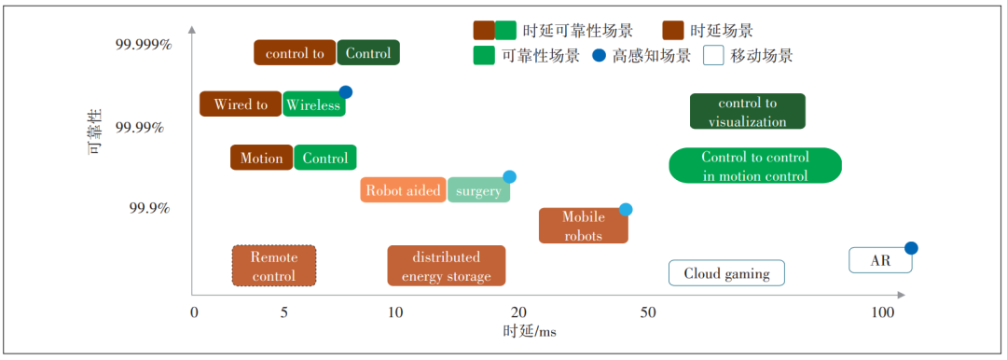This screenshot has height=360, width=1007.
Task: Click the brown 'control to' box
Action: tap(295, 53)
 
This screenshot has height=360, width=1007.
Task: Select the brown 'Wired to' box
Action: tap(241, 104)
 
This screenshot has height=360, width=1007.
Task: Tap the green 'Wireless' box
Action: tap(313, 105)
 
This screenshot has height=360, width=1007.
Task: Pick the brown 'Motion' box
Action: tap(261, 158)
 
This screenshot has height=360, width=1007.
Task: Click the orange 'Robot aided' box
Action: tap(403, 190)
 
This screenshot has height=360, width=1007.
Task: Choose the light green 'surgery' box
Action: tap(478, 190)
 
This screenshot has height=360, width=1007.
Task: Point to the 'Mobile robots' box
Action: tap(583, 226)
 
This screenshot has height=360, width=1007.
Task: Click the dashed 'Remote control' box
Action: tap(273, 266)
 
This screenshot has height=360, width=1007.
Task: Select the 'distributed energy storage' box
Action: tap(446, 266)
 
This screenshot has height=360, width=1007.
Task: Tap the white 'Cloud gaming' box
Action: tap(726, 273)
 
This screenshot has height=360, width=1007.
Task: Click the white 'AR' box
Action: tap(879, 261)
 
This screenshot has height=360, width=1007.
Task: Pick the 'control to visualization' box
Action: tap(747, 112)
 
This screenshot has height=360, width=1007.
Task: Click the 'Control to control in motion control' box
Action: tap(755, 166)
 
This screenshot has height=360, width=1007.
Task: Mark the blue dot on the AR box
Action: tap(911, 248)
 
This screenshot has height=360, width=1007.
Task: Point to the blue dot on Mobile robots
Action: tap(626, 210)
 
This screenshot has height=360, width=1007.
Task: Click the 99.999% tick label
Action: tap(144, 45)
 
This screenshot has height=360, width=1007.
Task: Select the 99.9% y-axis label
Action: tap(149, 207)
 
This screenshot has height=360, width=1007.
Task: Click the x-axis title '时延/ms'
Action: tap(530, 332)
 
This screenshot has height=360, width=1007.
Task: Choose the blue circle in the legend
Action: tap(600, 56)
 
